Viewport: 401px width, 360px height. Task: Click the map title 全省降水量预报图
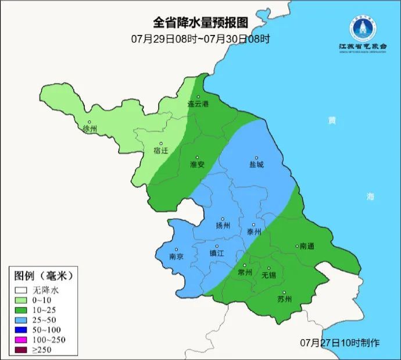201,23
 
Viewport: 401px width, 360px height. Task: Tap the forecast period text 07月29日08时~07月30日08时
201,39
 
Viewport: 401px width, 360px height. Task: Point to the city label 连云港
198,104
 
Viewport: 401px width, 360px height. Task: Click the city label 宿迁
160,150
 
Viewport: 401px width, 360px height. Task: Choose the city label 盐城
256,164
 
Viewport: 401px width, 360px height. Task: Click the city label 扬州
223,226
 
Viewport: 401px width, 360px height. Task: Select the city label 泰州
254,231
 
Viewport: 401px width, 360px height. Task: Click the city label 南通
306,246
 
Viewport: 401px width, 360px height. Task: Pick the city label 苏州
284,299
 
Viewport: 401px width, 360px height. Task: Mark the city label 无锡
269,275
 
